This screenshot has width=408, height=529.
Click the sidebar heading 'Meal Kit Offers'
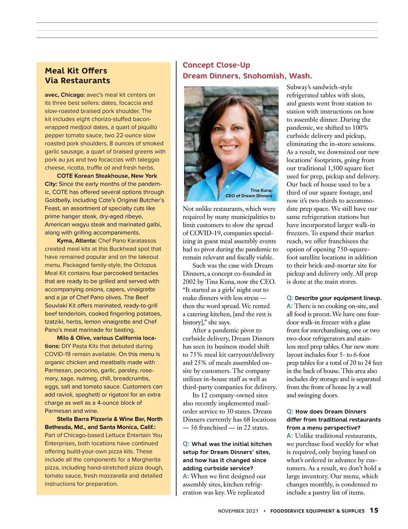76,71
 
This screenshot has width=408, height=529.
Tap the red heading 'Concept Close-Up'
216,65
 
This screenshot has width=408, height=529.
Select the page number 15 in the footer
374,510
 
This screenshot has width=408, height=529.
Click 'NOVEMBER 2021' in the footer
238,511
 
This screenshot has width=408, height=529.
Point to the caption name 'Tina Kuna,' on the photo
261,190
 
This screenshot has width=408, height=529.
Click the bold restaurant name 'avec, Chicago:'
65,95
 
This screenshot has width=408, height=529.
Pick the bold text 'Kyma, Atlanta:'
77,241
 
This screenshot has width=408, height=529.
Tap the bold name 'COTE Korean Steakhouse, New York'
107,176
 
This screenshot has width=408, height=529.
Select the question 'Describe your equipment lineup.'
338,298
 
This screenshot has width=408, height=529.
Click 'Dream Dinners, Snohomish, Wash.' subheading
247,76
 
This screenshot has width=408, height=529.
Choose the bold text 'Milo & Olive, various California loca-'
106,338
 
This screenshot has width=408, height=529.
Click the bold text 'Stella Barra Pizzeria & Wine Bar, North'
109,419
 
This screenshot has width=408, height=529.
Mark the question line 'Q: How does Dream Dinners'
326,412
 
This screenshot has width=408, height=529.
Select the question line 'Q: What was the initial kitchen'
227,444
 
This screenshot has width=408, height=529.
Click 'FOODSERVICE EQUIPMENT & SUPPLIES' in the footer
317,511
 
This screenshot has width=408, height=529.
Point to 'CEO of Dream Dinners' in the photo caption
249,196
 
